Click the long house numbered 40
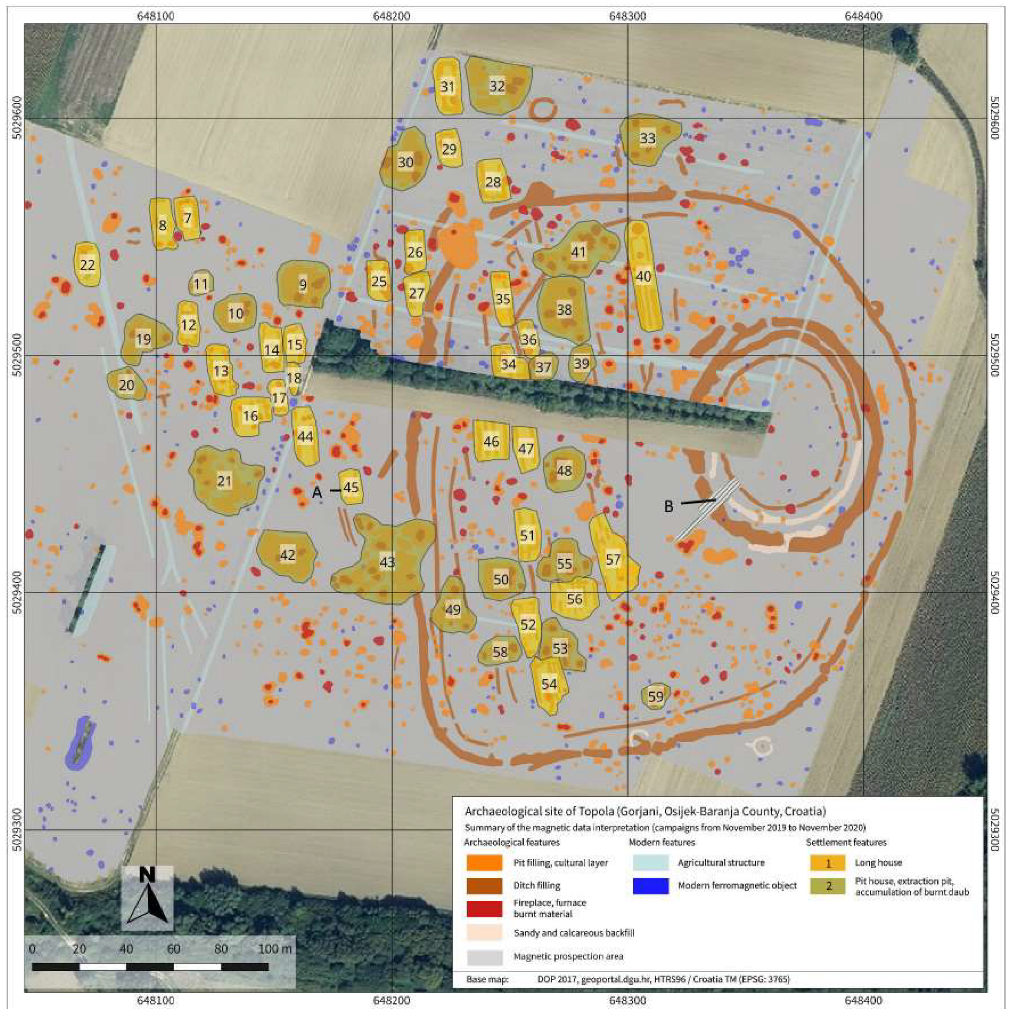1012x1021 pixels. (x=644, y=276)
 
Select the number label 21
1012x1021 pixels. (x=225, y=481)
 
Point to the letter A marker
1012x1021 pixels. (x=317, y=493)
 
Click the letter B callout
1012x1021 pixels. (x=668, y=506)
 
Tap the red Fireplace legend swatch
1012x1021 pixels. (x=484, y=908)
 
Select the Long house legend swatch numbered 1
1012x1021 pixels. (x=828, y=863)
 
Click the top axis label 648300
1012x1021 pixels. (x=628, y=16)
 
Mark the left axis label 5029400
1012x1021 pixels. (x=16, y=592)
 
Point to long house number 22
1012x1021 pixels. (x=87, y=264)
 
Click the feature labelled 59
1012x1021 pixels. (x=655, y=696)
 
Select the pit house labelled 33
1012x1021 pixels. (x=648, y=139)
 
